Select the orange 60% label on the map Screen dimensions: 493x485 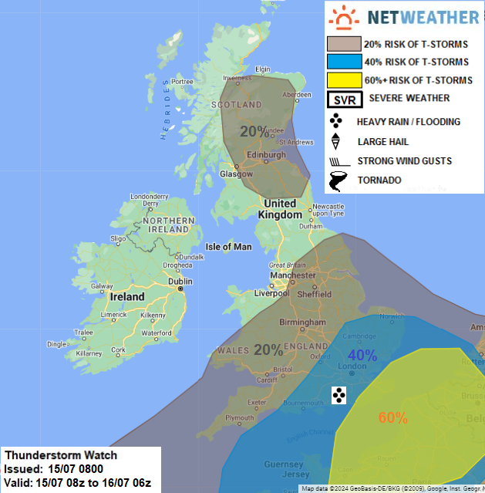pyautogui.click(x=392, y=417)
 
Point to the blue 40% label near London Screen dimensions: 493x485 pyautogui.click(x=362, y=355)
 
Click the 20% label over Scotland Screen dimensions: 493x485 pyautogui.click(x=254, y=131)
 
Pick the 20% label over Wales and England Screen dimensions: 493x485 pyautogui.click(x=268, y=349)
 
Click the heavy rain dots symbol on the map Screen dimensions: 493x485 pyautogui.click(x=338, y=396)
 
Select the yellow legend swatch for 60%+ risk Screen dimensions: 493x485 pyautogui.click(x=344, y=80)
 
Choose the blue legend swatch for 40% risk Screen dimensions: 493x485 pyautogui.click(x=344, y=62)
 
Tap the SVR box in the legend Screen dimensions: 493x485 pyautogui.click(x=339, y=99)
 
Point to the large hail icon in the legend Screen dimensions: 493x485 pyautogui.click(x=336, y=142)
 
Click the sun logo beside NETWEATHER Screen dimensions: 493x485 pyautogui.click(x=343, y=17)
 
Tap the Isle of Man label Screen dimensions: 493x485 pyautogui.click(x=229, y=247)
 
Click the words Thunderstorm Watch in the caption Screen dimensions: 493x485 pyautogui.click(x=46, y=454)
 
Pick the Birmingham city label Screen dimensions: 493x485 pyautogui.click(x=300, y=322)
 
